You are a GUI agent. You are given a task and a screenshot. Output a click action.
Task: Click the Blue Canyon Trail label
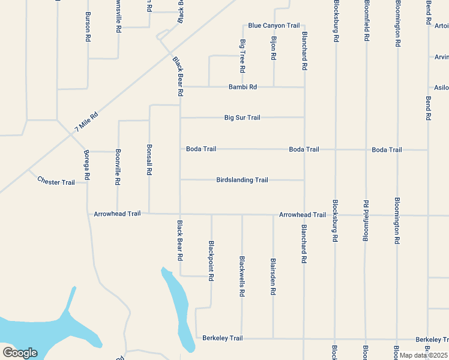pos(274,26)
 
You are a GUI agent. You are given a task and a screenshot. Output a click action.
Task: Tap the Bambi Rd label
pos(243,87)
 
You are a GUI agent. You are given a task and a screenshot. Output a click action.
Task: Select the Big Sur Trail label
pos(242,118)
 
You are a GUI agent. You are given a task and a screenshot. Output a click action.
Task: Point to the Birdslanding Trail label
pos(242,180)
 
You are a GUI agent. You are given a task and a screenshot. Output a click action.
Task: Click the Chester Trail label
pos(56,181)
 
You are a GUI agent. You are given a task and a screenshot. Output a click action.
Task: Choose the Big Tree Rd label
pos(243,56)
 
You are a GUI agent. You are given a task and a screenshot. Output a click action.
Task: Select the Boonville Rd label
pos(118,166)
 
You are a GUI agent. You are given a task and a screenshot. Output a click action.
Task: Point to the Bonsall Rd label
pos(149,160)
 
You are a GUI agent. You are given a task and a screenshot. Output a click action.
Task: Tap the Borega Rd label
pos(87,164)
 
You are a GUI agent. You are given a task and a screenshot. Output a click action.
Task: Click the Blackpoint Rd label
pos(211,261)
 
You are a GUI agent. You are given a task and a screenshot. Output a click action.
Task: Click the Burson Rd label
pos(88,26)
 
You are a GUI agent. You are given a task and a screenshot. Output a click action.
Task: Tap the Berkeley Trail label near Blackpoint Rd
pos(223,338)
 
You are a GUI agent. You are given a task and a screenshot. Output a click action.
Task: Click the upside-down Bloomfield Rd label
pos(365,221)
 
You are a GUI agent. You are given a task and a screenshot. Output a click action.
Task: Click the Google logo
pos(20,353)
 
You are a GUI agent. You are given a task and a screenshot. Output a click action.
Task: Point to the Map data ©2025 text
pos(423,355)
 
